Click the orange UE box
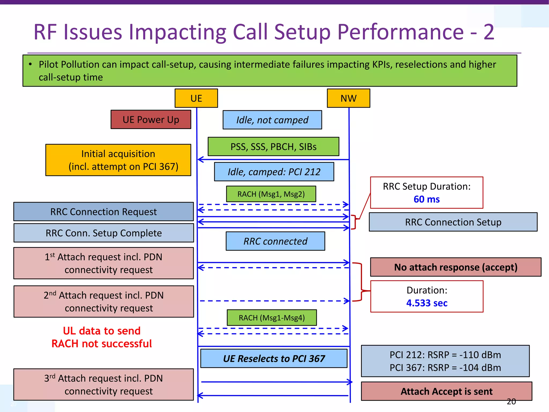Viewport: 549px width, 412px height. pos(196,98)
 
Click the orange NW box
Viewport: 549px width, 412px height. pos(348,98)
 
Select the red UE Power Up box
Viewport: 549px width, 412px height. pos(151,119)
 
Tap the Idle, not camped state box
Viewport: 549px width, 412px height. pos(272,120)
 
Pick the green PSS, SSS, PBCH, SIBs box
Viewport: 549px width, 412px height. pos(273,146)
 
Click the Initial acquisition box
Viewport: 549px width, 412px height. pos(118,160)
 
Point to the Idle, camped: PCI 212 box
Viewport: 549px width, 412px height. pos(274,172)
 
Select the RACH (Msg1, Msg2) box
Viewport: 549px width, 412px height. pos(271,194)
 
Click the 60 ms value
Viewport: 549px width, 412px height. pos(426,199)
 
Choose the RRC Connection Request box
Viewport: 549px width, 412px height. pos(103,212)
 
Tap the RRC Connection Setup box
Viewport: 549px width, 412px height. pos(453,222)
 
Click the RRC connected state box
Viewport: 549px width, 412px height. pos(275,241)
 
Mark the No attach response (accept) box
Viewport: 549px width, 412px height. pos(456,267)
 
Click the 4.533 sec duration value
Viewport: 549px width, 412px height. pos(427,303)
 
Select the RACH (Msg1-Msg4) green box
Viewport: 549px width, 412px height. pos(272,318)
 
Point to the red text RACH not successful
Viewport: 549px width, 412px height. pos(102,344)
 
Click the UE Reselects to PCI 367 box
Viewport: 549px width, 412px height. pos(274,358)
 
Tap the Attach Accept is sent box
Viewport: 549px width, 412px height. pos(447,391)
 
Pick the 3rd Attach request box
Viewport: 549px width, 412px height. pos(103,384)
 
